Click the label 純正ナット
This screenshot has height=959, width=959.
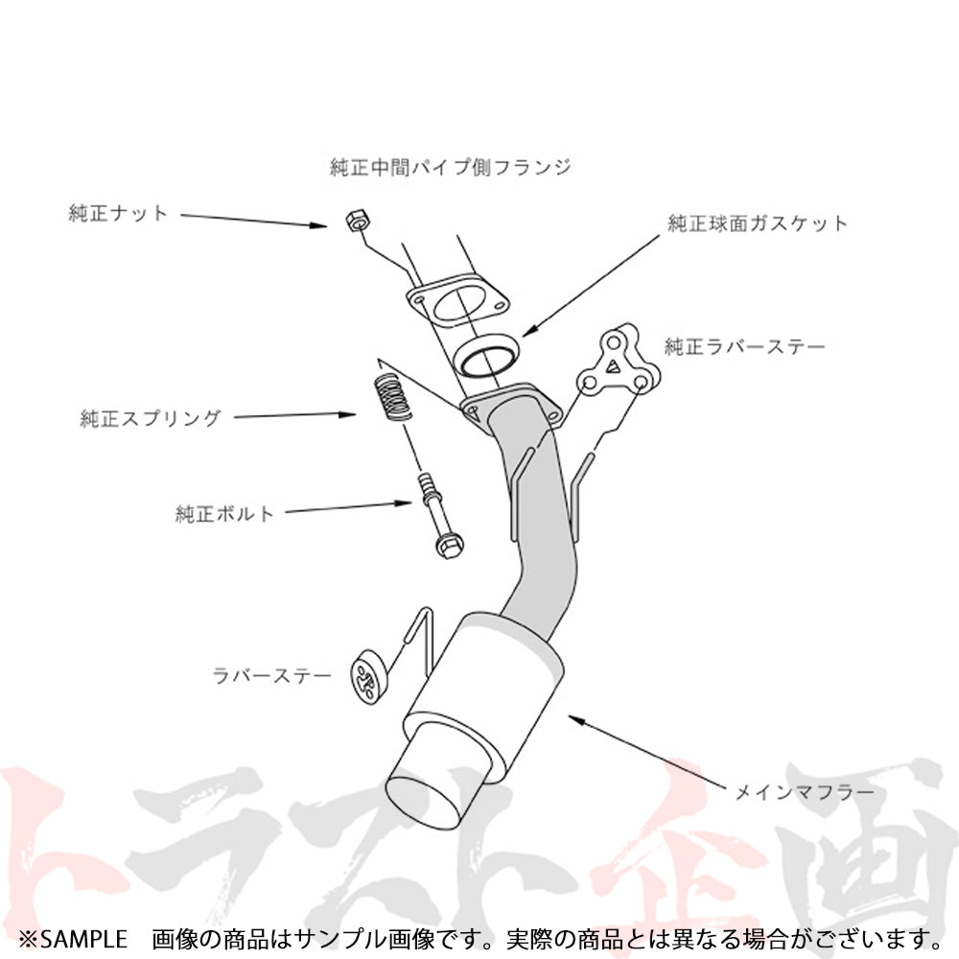117,213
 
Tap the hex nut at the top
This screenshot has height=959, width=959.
357,221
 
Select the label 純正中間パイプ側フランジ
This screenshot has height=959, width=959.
450,166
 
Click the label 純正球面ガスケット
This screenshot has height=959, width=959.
758,223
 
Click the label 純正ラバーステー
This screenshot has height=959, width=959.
745,347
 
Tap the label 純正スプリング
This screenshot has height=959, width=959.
150,418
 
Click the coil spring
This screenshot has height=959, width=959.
391,398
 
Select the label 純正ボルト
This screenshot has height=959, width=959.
223,513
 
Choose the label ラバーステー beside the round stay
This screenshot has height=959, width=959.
271,675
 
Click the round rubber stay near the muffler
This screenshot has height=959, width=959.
368,676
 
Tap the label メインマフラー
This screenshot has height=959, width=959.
805,792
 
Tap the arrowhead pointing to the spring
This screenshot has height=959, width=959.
346,414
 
